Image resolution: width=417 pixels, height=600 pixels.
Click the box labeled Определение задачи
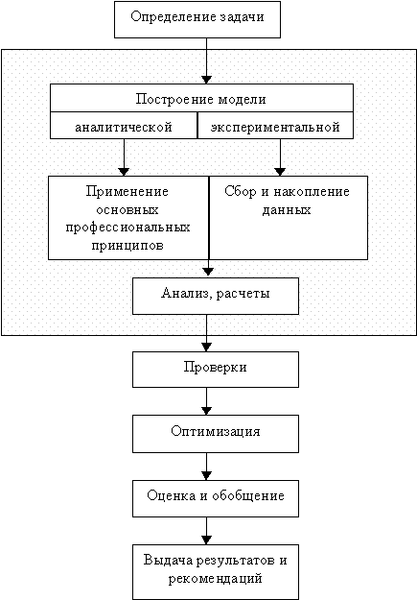197,19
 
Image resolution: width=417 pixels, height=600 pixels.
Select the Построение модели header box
201,98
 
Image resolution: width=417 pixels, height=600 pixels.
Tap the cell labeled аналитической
124,126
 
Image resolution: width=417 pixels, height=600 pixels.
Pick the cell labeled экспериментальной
275,126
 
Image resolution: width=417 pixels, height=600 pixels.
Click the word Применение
127,191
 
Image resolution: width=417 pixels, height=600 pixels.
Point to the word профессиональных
127,228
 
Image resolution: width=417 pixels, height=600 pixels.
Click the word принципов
127,246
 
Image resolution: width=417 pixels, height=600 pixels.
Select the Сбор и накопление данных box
289,218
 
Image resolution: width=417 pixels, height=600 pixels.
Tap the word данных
287,210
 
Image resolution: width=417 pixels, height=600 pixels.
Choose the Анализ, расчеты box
216,297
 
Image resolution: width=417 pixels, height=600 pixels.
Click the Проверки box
216,370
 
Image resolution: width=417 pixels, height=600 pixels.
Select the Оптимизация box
216,434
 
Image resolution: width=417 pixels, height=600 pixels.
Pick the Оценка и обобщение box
216,498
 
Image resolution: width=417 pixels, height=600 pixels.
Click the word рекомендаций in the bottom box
215,578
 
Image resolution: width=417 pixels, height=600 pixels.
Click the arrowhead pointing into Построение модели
206,80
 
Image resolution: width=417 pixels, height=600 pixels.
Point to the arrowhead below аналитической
124,172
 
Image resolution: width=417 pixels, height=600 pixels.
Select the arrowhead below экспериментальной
280,172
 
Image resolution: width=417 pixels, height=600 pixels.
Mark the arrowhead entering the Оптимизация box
206,411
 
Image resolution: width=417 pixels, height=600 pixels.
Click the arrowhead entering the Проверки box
206,348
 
